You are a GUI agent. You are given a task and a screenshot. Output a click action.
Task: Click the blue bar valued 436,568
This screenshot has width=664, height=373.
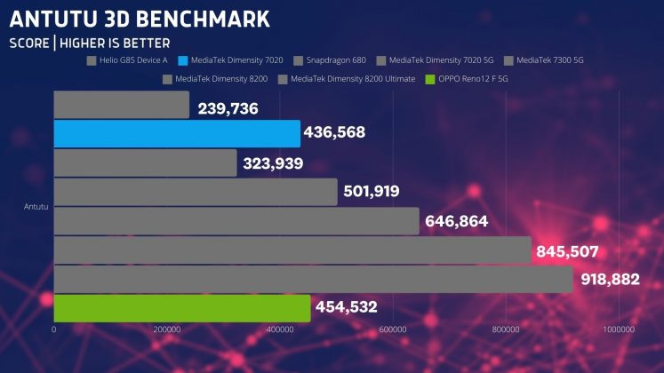(177, 134)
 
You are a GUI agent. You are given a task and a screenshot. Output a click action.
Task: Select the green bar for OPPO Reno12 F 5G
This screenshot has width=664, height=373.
(182, 308)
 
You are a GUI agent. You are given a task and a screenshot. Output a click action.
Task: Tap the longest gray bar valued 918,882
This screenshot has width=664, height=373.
(313, 279)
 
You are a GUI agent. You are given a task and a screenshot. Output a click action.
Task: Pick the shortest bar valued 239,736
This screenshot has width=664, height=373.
(122, 105)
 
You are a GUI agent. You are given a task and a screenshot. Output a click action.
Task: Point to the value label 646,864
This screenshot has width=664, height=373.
(456, 221)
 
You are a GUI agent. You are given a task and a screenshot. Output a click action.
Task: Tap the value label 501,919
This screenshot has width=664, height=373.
(372, 192)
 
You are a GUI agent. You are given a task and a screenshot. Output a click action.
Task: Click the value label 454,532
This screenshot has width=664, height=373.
(346, 308)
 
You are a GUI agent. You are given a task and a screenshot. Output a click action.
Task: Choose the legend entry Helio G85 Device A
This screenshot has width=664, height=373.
(132, 61)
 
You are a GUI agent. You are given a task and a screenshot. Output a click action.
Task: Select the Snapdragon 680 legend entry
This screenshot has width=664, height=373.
(332, 61)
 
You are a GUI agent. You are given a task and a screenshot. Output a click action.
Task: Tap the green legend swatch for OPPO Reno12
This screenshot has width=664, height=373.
(431, 79)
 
